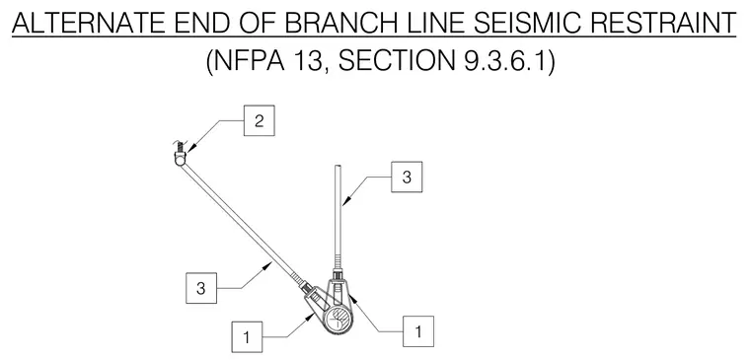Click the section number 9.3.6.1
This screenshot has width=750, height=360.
[x=505, y=62]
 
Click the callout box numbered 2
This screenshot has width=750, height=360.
[x=259, y=120]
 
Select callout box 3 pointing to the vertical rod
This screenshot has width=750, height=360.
[x=407, y=177]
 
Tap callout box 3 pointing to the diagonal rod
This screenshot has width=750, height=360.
[x=201, y=288]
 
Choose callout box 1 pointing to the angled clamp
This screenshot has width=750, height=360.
[x=247, y=337]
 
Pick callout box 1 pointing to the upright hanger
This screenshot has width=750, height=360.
[x=418, y=331]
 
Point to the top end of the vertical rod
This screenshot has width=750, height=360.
[x=338, y=166]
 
